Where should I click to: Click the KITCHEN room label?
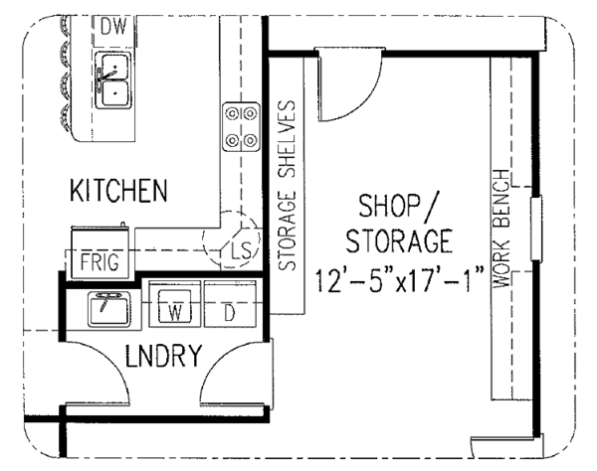click(x=118, y=190)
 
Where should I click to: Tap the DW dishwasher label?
click(x=113, y=27)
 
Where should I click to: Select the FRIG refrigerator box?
click(x=100, y=252)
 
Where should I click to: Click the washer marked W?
click(x=175, y=304)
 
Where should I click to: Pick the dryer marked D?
click(x=230, y=304)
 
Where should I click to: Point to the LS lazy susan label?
click(x=242, y=250)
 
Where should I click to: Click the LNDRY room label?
click(x=163, y=356)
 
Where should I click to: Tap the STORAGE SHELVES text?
click(x=288, y=186)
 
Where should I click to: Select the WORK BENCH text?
click(x=500, y=229)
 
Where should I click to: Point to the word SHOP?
click(x=389, y=206)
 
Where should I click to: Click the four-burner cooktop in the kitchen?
click(x=242, y=127)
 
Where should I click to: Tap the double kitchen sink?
click(x=112, y=80)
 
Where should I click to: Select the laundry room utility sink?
click(x=109, y=309)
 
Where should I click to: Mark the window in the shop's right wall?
click(x=536, y=229)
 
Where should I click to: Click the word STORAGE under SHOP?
click(x=399, y=241)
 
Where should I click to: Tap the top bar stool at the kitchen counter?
click(x=66, y=25)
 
